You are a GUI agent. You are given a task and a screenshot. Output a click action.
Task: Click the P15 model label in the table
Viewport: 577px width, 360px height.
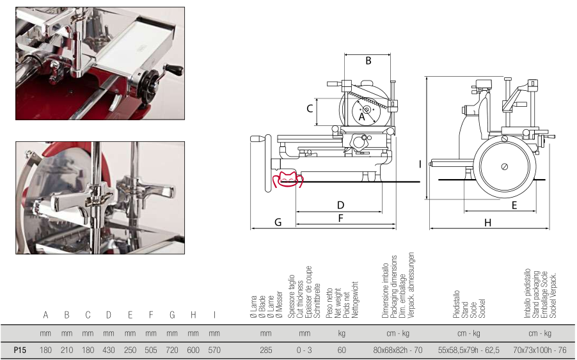pos(20,350)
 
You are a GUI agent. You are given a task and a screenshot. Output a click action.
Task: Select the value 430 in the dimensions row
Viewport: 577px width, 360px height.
pos(109,350)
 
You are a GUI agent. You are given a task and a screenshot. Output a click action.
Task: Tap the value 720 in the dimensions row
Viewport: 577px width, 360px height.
pos(172,350)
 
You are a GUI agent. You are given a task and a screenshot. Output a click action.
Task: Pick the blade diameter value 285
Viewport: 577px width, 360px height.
pos(265,350)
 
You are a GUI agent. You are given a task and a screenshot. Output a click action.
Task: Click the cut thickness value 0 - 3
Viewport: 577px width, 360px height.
pos(304,350)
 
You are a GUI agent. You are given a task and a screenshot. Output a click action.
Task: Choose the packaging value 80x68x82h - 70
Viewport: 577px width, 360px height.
pos(398,350)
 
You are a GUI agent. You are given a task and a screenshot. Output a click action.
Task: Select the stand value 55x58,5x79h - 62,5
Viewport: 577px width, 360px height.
pos(469,350)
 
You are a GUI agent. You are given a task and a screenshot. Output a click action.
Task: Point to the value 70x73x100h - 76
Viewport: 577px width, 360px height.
pos(540,350)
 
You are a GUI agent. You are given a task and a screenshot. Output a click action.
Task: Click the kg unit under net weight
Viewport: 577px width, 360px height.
pos(342,334)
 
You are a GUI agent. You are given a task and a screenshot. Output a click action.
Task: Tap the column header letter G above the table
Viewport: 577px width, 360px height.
pos(172,315)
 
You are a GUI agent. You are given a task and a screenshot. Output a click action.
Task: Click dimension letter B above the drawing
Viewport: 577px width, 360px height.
pos(368,61)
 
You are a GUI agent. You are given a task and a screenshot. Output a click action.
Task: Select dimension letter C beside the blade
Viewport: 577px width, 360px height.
pos(310,109)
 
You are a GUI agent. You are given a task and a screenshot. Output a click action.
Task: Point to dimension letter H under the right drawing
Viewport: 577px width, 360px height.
pos(487,223)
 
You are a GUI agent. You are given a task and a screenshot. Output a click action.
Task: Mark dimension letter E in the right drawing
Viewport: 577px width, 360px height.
pos(514,205)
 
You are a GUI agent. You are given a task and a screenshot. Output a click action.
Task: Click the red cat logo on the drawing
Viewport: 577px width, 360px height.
pos(288,180)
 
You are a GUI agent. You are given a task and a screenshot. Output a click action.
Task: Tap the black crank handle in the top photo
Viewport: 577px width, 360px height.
pos(173,68)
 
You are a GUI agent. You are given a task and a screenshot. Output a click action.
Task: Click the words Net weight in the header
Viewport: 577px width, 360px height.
pos(338,303)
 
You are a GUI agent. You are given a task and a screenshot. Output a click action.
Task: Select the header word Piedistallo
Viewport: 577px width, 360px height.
pos(457,304)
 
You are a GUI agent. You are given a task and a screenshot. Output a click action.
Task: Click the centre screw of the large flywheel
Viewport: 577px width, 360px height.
pos(505,167)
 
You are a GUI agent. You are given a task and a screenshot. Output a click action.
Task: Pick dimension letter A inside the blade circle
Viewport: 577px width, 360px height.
pos(361,117)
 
